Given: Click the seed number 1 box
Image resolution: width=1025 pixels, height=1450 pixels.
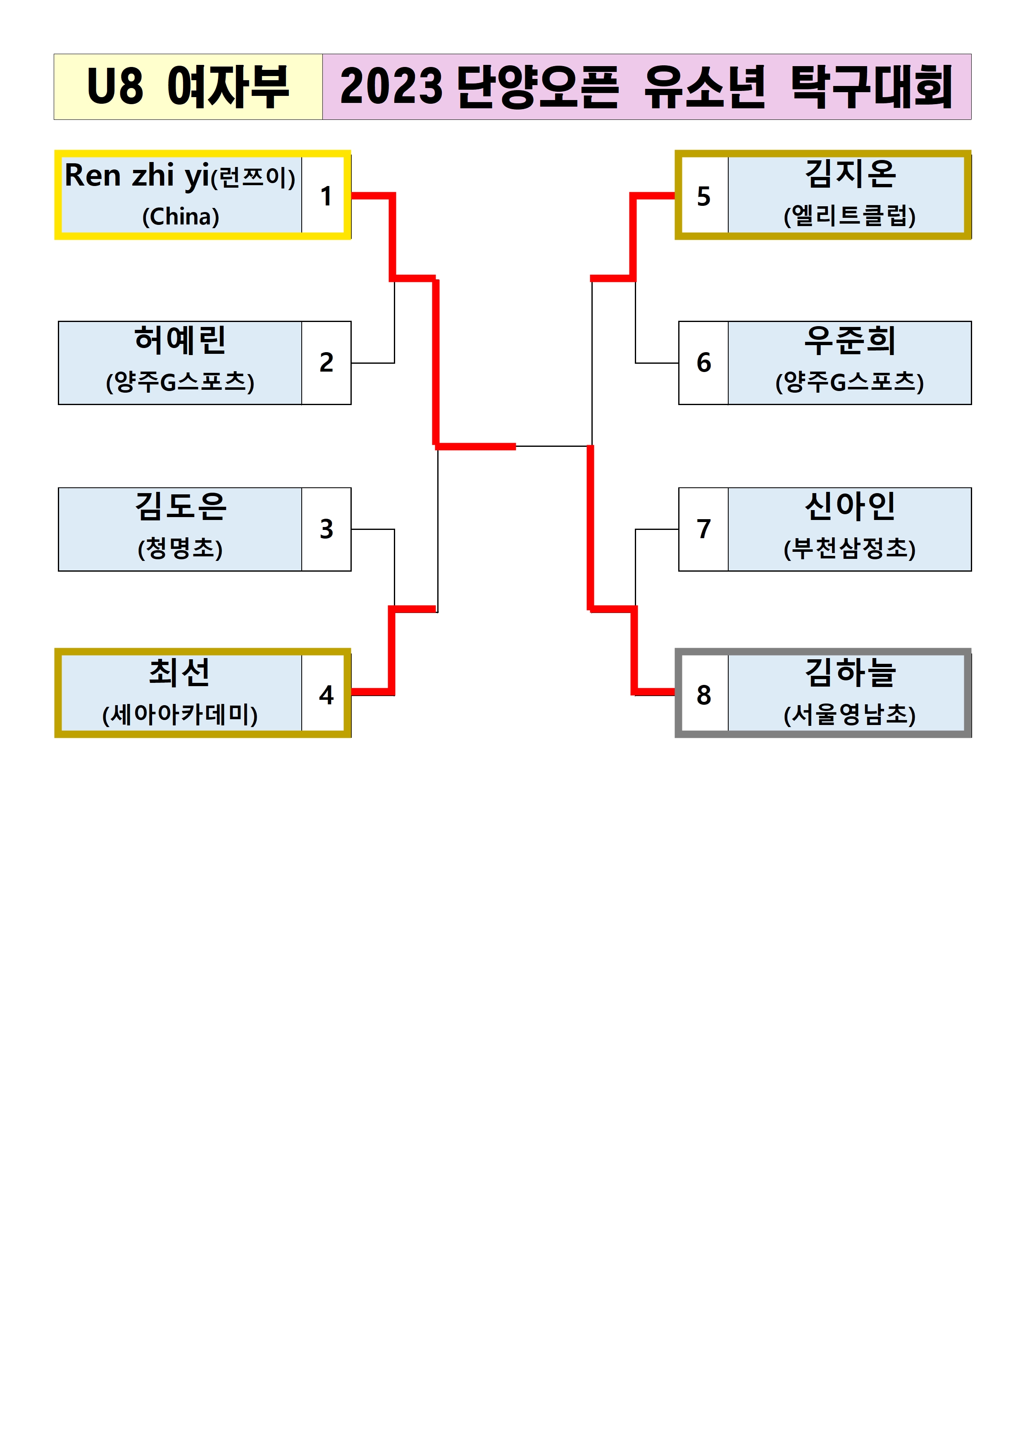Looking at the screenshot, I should [x=326, y=196].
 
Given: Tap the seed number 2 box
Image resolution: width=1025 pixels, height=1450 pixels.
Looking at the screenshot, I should [x=326, y=362].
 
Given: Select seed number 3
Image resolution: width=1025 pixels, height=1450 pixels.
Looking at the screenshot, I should [x=326, y=529].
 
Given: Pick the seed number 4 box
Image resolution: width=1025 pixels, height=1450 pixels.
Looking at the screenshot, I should [x=326, y=695].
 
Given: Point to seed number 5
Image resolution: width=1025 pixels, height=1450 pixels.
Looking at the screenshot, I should [x=703, y=196].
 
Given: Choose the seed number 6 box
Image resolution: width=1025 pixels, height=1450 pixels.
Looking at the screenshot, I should [x=703, y=362].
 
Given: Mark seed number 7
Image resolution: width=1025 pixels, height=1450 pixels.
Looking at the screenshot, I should [x=703, y=529].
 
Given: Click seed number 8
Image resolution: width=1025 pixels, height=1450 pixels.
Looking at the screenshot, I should [x=703, y=695].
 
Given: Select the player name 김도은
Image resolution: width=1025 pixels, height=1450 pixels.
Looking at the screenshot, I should [x=180, y=506].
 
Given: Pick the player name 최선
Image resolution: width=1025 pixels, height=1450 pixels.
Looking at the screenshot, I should [x=180, y=672].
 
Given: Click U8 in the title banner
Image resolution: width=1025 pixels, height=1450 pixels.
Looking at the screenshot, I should [x=115, y=86].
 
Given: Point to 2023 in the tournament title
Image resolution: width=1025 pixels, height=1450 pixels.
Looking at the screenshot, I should [x=391, y=86].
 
